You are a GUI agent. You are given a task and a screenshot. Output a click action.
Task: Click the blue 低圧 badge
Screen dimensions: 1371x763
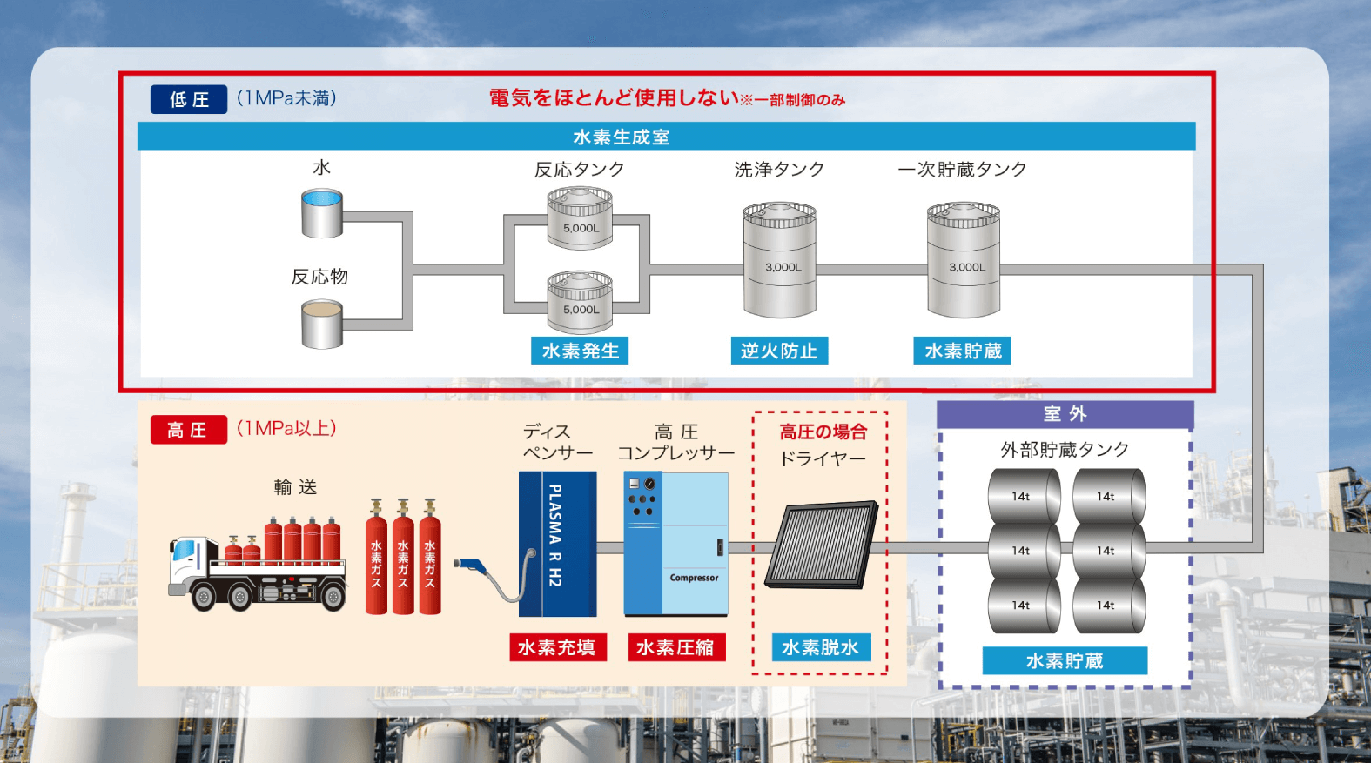pyautogui.click(x=189, y=99)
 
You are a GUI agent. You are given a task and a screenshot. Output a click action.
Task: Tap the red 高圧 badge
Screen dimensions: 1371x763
pyautogui.click(x=189, y=430)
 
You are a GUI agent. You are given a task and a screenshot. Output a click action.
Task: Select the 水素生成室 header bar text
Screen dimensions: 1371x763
pyautogui.click(x=622, y=137)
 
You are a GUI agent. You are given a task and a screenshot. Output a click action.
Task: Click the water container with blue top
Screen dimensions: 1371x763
pyautogui.click(x=322, y=213)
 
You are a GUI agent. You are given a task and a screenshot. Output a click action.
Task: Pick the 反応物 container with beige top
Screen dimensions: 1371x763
pyautogui.click(x=322, y=325)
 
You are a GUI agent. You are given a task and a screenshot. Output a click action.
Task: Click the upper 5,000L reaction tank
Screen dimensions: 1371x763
pyautogui.click(x=580, y=218)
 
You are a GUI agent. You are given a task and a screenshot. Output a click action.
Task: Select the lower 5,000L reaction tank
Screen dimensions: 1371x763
pyautogui.click(x=580, y=302)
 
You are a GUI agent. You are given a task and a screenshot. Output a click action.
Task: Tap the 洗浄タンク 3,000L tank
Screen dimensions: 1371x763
pyautogui.click(x=780, y=260)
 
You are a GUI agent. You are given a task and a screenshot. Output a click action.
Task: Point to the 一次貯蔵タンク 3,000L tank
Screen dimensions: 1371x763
pyautogui.click(x=964, y=260)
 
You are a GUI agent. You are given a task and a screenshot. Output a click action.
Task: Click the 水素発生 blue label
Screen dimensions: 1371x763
pyautogui.click(x=580, y=351)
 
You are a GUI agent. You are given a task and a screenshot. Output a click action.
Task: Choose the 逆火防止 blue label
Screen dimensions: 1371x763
pyautogui.click(x=779, y=351)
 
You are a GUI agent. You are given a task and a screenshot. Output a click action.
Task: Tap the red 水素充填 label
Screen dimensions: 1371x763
pyautogui.click(x=558, y=647)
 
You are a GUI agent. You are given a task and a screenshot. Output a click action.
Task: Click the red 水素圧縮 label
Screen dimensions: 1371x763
pyautogui.click(x=676, y=647)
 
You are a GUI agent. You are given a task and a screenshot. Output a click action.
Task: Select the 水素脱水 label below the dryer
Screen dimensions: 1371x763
pyautogui.click(x=822, y=647)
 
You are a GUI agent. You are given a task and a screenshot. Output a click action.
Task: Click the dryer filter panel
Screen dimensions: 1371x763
pyautogui.click(x=822, y=545)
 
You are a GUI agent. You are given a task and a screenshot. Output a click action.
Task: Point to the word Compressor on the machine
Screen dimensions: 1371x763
pyautogui.click(x=694, y=578)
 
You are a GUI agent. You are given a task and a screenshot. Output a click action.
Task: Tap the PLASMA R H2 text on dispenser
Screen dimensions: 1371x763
pyautogui.click(x=555, y=535)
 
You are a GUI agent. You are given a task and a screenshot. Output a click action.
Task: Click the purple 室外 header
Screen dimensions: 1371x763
pyautogui.click(x=1065, y=414)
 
